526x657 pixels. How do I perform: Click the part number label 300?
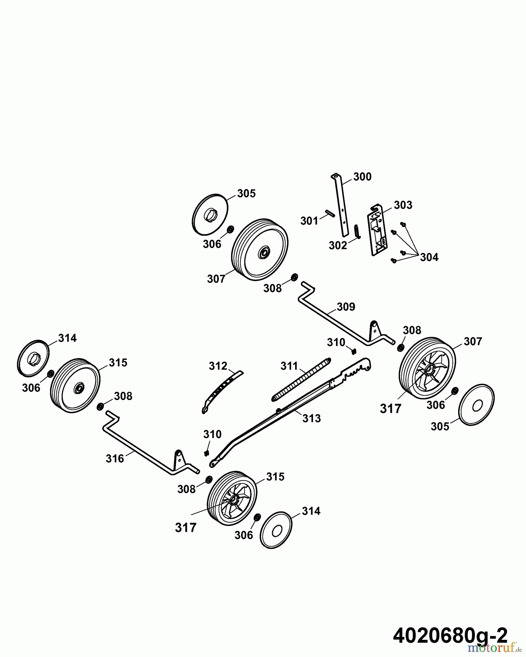coord(362,177)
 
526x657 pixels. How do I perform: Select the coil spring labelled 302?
coord(357,231)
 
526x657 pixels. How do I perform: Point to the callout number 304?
coord(429,257)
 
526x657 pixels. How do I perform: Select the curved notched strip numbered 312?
coord(221,391)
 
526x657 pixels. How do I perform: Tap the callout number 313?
coord(312,418)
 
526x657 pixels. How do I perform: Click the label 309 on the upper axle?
coord(346,307)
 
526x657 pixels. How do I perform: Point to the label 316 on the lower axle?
coord(115,458)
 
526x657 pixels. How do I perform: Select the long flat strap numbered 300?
coord(340,205)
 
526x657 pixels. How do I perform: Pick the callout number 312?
coord(218,366)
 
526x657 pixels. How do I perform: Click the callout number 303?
coord(403,205)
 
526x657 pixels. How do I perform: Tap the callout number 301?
coord(309,221)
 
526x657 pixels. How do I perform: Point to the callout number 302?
coord(338,245)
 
